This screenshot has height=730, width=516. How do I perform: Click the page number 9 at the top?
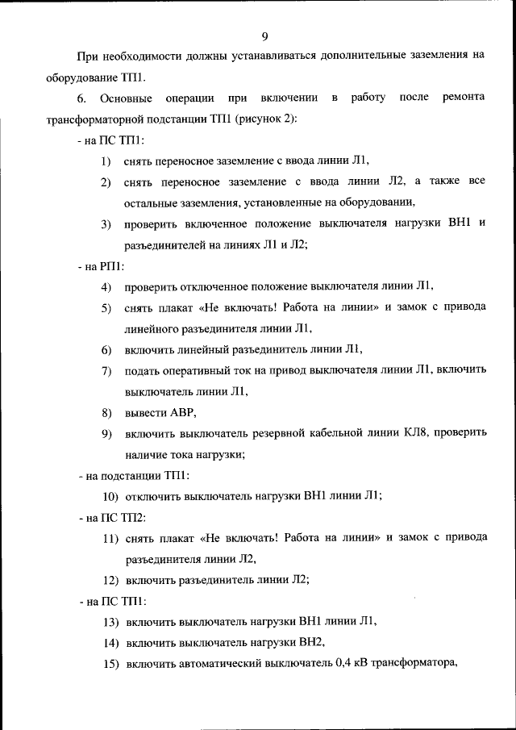pos(264,35)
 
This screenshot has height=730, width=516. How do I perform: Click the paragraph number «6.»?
pos(82,98)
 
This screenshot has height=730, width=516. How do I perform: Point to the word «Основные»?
pos(127,98)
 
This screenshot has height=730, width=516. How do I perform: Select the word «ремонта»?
pos(464,98)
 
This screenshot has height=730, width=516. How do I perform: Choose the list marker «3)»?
pos(106,223)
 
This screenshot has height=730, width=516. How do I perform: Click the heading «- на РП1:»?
pos(101,265)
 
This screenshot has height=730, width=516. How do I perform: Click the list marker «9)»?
pos(106,434)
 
